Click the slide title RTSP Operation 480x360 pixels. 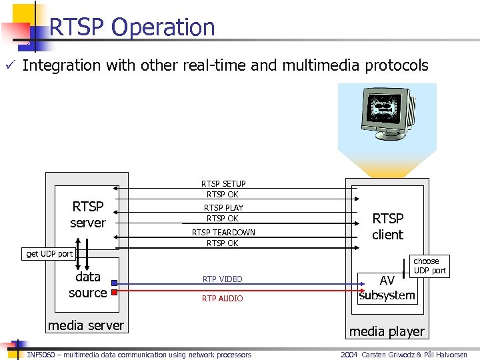[x=132, y=27]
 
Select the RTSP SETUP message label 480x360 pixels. [x=223, y=183]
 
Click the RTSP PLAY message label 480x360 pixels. [x=223, y=207]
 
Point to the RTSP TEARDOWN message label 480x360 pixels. [x=223, y=232]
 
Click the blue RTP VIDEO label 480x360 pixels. [x=223, y=279]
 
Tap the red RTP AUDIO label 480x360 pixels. [x=223, y=298]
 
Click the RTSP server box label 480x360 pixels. [x=88, y=215]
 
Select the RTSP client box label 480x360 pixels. [x=387, y=227]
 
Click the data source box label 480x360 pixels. [x=88, y=285]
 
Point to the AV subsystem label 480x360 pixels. [x=387, y=288]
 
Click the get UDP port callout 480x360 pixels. [x=49, y=253]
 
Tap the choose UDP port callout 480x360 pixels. [x=429, y=265]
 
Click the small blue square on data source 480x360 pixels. [x=115, y=282]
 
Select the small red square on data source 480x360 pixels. [x=115, y=293]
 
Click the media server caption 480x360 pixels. [x=85, y=325]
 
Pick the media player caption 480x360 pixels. [x=387, y=331]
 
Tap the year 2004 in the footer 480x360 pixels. [x=349, y=355]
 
